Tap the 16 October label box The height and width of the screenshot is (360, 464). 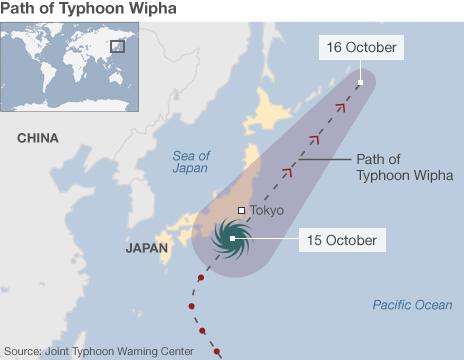361,47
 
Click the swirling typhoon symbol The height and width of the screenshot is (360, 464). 232,238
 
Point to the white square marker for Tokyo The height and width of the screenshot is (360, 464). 241,211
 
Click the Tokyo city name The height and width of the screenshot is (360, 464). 267,211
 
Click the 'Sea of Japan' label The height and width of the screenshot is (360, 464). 190,161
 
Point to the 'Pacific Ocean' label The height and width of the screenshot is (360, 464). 412,305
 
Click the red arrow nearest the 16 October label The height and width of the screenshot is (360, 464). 339,107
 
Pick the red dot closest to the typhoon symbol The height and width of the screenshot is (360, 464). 202,276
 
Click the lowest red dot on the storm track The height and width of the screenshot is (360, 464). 216,350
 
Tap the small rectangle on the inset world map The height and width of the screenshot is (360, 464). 117,46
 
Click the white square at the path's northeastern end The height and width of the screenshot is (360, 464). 361,75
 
